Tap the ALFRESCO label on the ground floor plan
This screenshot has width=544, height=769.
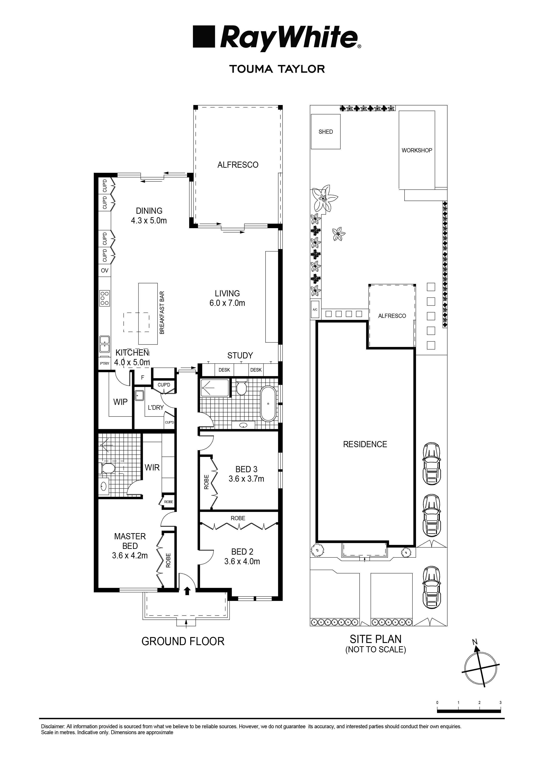pos(238,165)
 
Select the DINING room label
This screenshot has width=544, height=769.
pos(149,211)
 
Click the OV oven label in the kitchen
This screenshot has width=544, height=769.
pos(105,271)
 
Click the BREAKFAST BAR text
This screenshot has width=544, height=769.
pos(162,313)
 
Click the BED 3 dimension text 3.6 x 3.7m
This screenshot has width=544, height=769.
pos(246,479)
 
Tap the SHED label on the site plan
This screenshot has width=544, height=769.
pos(326,132)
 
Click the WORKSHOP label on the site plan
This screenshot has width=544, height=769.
pos(417,150)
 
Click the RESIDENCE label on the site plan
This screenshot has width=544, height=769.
pos(365,444)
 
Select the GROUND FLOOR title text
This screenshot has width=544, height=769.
pos(183,641)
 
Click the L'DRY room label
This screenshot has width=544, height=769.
pos(156,408)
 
